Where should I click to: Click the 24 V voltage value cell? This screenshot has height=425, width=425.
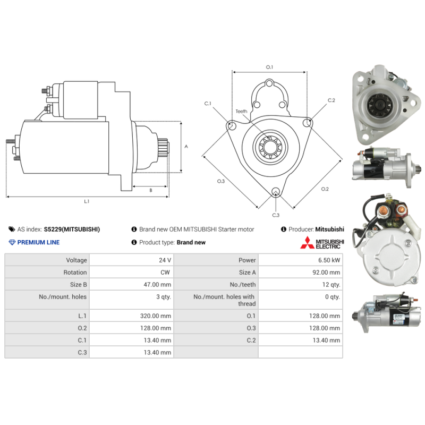point(165,260)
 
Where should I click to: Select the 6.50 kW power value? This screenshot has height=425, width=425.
point(329,260)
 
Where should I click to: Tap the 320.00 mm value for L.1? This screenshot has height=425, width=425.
point(156,316)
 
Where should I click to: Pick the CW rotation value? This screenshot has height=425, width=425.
point(165,273)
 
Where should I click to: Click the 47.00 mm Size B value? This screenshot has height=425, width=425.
point(157,285)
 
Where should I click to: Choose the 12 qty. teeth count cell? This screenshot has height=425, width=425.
point(331,285)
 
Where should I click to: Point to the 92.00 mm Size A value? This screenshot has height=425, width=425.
point(326,273)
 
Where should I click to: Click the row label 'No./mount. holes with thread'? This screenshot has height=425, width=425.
point(224,300)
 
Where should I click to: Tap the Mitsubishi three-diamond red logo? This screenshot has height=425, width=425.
point(307,243)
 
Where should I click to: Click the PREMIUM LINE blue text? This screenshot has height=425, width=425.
point(38,242)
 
